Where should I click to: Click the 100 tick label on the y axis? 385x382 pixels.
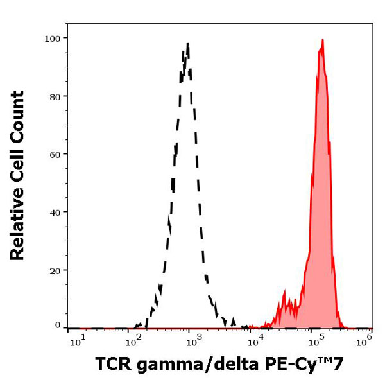click(x=53, y=38)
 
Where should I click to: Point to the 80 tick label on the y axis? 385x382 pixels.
click(x=55, y=96)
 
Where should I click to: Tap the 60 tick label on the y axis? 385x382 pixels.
click(x=55, y=154)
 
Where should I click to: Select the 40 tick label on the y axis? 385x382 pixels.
click(x=55, y=212)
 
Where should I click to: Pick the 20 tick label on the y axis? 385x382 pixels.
click(x=55, y=270)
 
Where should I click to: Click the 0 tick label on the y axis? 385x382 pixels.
click(x=57, y=326)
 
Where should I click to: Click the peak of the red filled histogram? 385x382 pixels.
click(x=322, y=40)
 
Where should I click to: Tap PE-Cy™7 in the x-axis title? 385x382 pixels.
click(x=308, y=365)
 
